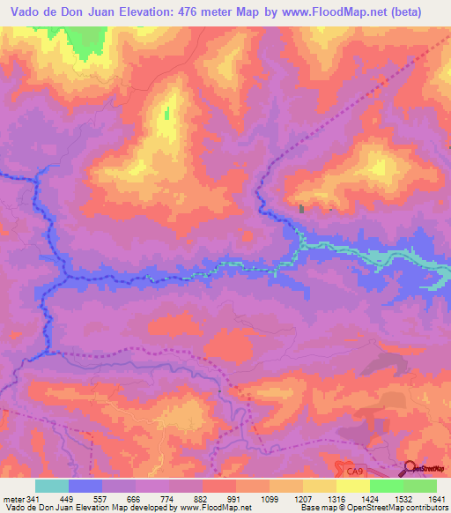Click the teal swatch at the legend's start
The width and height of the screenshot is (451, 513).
52,486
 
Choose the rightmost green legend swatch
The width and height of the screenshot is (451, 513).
419,486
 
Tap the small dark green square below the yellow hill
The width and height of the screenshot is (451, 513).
301,209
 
